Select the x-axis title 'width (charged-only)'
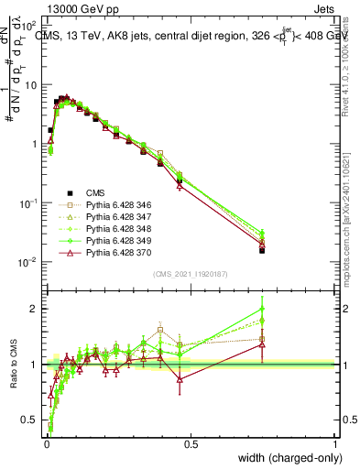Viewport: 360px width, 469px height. (286, 459)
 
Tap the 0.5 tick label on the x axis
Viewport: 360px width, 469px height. (191, 444)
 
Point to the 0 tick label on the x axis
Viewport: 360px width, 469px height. (46, 444)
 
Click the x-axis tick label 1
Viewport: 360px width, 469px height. (335, 444)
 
